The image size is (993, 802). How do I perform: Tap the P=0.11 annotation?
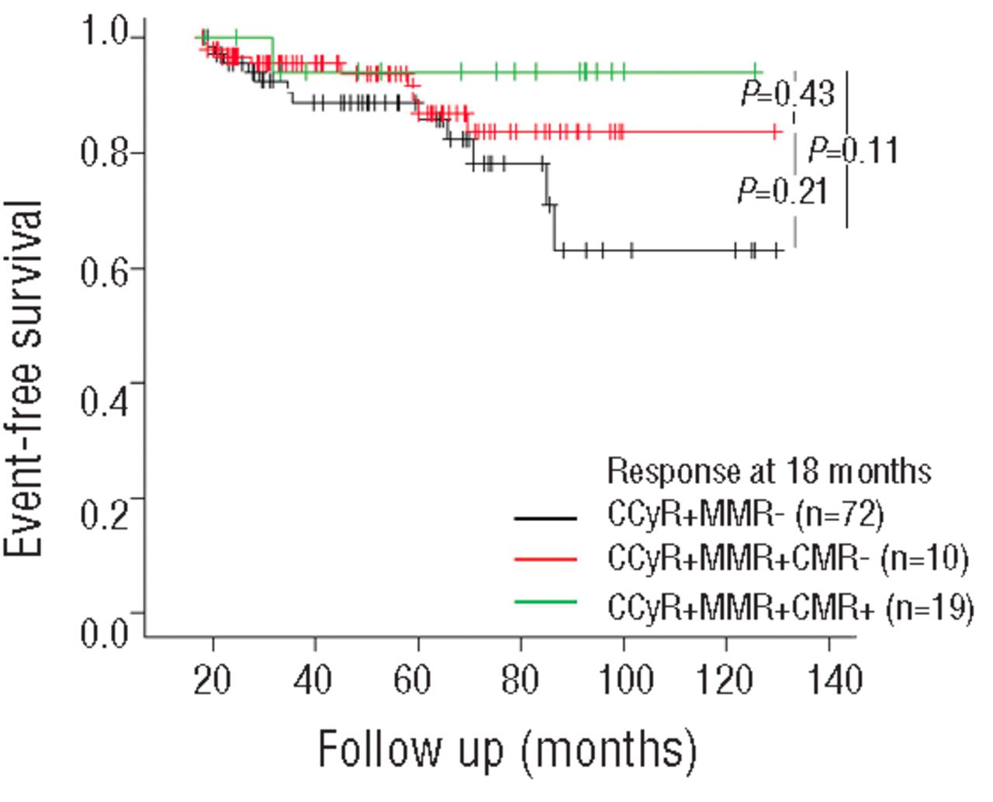coord(853,150)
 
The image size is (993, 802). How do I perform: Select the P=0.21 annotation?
coord(783,191)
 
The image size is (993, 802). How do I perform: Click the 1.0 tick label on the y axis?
coord(105,36)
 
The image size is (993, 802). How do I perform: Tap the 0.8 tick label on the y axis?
coord(105,152)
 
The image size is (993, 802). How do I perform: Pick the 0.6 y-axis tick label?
coord(105,268)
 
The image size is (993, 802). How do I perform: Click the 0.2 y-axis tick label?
coord(105,513)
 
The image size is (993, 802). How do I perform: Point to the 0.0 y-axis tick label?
coord(105,631)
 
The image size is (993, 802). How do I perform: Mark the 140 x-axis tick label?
coord(829,680)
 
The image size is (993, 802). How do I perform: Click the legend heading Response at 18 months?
coord(768,471)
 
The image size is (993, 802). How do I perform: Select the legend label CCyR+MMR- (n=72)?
coord(746,515)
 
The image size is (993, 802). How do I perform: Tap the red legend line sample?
coord(545,559)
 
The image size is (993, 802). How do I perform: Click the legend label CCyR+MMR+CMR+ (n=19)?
coord(790,607)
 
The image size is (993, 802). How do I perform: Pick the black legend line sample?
coord(545,517)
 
